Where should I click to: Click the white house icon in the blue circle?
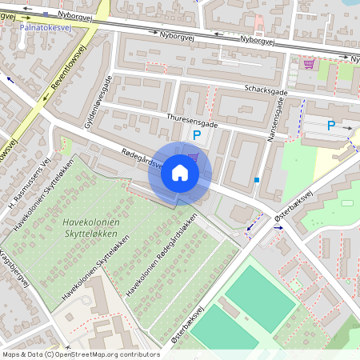pos(180,173)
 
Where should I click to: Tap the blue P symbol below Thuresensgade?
pos(196,137)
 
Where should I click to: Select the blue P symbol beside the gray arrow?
pos(331,126)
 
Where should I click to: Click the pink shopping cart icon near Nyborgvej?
pos(308,64)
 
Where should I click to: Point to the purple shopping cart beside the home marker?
pos(193,157)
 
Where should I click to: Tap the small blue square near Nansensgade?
pos(257,180)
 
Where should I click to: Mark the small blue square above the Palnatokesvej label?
pos(46,14)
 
